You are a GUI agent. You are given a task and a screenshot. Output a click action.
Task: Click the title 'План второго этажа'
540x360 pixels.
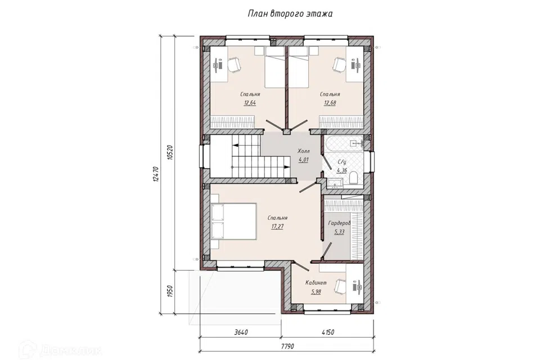click(290, 13)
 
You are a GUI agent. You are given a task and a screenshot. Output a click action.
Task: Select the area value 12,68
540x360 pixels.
click(330, 103)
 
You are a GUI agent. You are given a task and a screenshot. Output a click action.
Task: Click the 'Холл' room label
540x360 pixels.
click(304, 151)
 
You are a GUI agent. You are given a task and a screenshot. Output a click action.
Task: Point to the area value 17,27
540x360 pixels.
click(277, 226)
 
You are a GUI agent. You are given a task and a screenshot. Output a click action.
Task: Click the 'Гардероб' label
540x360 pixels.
click(339, 223)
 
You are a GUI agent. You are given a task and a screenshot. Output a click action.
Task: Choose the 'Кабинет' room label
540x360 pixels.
click(316, 283)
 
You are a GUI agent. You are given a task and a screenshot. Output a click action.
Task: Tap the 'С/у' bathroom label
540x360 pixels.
click(341, 161)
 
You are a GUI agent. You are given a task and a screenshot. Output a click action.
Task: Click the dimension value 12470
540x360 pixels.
click(155, 174)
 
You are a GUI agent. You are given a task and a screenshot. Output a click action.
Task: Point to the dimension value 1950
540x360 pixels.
click(169, 292)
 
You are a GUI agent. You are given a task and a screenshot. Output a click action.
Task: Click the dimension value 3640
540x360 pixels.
click(241, 332)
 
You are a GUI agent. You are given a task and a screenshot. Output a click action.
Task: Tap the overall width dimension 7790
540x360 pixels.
click(286, 346)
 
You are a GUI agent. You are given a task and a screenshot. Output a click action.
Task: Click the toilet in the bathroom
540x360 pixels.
click(354, 178)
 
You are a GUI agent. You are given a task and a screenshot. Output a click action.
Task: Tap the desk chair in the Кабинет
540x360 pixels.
click(341, 286)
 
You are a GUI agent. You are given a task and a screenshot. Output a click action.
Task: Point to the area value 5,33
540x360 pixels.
click(339, 232)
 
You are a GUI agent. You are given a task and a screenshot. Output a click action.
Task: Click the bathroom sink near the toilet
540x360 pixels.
click(335, 183)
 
